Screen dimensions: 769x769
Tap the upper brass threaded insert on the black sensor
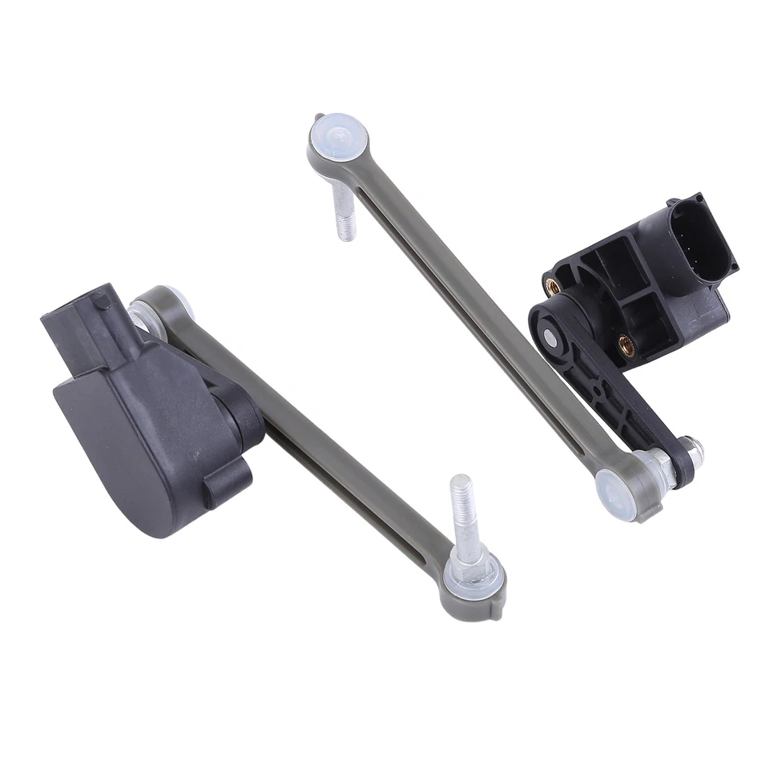552,282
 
